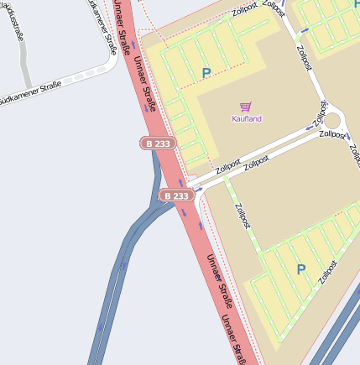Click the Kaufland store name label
pyautogui.click(x=247, y=118)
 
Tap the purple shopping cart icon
pyautogui.click(x=245, y=107)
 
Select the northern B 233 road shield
pyautogui.click(x=157, y=143)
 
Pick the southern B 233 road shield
pyautogui.click(x=177, y=196)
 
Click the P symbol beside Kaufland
pyautogui.click(x=206, y=74)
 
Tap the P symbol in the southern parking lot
pyautogui.click(x=300, y=269)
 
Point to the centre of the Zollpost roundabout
pyautogui.click(x=331, y=120)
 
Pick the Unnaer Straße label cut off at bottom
pyautogui.click(x=233, y=336)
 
